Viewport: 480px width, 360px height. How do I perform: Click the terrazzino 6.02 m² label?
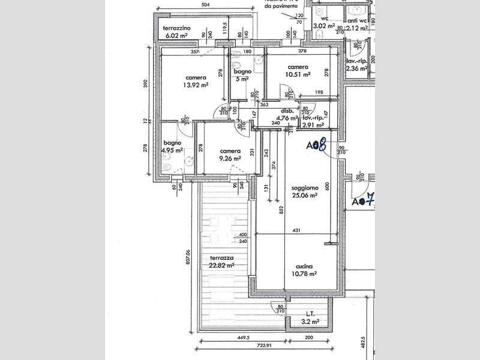[x=178, y=32]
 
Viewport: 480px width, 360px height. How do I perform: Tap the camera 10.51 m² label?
[x=298, y=71]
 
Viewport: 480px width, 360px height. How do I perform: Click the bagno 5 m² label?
[x=242, y=74]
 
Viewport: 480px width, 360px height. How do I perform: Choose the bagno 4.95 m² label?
[x=172, y=146]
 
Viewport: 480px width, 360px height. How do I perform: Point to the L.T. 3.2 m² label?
[x=310, y=318]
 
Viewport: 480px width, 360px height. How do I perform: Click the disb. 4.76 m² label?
[x=287, y=115]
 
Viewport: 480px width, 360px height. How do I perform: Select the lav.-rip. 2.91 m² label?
[x=313, y=122]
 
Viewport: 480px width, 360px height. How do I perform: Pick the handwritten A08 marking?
[x=316, y=145]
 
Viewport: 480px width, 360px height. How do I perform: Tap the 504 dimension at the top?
[x=205, y=5]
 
